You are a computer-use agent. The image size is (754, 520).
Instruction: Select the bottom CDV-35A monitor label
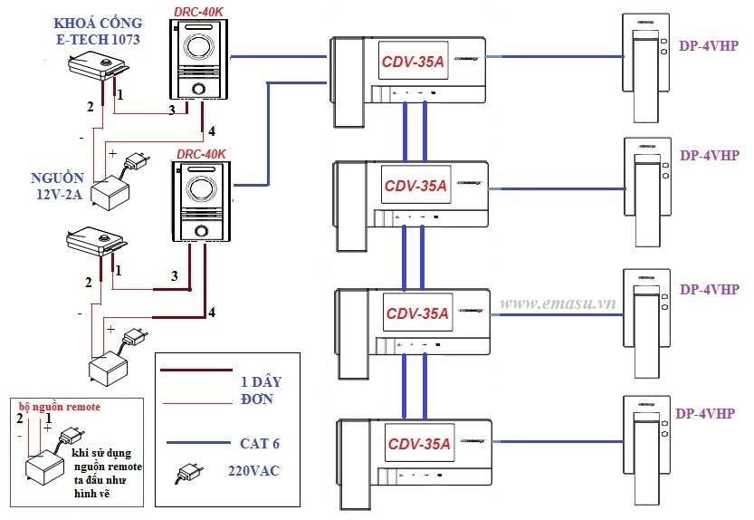(x=419, y=444)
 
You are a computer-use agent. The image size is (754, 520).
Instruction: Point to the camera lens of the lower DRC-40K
(x=199, y=191)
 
